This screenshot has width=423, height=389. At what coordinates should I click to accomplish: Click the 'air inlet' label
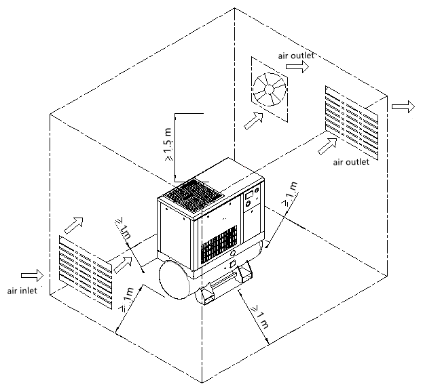(22, 291)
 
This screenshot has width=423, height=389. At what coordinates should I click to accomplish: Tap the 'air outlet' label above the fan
(296, 56)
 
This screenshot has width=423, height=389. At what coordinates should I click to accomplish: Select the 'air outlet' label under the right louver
(351, 162)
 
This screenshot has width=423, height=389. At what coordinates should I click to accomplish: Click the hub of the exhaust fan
(270, 89)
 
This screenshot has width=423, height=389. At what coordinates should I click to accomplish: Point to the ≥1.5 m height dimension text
(168, 144)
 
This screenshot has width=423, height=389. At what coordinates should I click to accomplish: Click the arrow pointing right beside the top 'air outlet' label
(297, 66)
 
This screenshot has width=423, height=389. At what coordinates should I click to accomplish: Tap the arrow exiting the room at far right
(403, 106)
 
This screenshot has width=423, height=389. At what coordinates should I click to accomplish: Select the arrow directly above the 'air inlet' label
(32, 275)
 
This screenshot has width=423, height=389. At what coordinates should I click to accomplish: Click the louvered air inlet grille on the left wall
(86, 272)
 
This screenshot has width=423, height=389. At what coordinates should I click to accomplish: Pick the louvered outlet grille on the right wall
(352, 123)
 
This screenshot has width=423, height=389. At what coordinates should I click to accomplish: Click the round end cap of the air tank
(174, 280)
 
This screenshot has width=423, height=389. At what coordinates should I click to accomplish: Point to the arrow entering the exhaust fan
(253, 121)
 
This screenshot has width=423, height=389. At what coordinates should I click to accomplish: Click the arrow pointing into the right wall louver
(327, 146)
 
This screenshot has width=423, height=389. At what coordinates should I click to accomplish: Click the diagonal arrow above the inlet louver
(73, 225)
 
